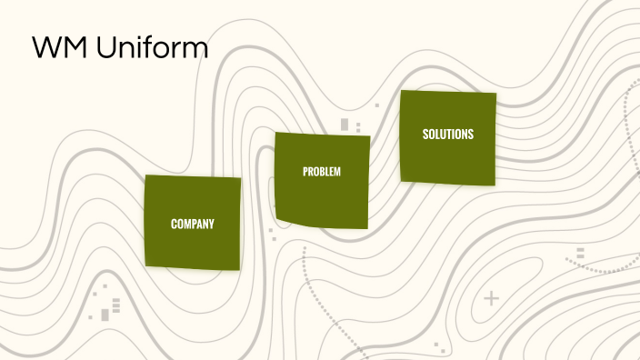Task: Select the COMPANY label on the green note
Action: click(x=193, y=224)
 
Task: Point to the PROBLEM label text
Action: click(x=322, y=172)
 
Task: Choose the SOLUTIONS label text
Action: click(x=448, y=135)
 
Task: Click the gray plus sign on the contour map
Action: click(x=492, y=297)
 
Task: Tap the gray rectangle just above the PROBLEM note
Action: click(x=345, y=125)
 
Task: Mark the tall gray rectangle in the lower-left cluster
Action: click(x=105, y=315)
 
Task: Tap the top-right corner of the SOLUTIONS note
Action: click(x=496, y=93)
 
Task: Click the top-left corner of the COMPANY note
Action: click(x=146, y=176)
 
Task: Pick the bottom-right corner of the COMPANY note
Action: click(x=239, y=269)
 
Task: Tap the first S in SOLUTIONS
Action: click(x=425, y=135)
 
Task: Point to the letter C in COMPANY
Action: click(x=174, y=224)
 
